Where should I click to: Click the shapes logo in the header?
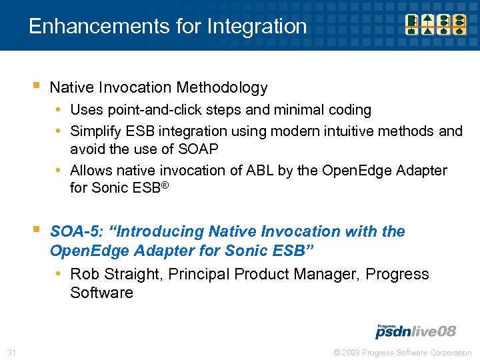pos(437,24)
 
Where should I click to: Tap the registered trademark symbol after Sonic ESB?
pos(165,185)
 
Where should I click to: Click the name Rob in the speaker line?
pos(84,274)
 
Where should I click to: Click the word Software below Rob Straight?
pos(101,293)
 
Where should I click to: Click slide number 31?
pos(12,352)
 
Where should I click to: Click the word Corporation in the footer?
pos(450,352)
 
